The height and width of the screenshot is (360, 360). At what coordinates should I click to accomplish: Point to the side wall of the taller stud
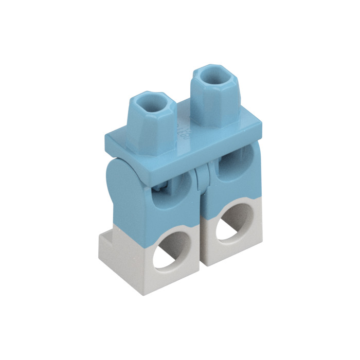[x=211, y=105]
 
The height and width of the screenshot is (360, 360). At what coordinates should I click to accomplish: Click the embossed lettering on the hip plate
[x=182, y=128]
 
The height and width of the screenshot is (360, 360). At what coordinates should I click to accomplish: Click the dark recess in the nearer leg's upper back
[x=164, y=190]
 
